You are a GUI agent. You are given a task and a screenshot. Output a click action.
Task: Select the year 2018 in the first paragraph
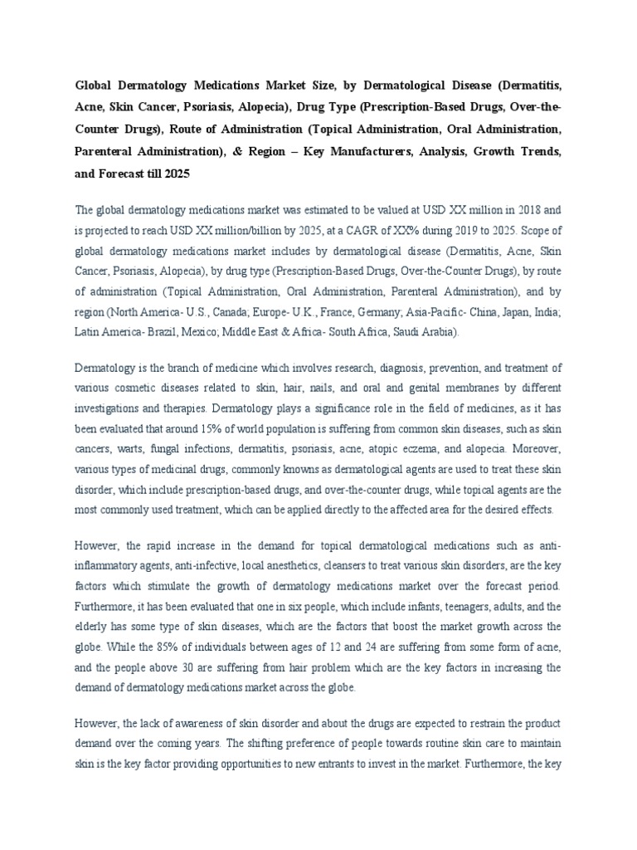tap(518, 209)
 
